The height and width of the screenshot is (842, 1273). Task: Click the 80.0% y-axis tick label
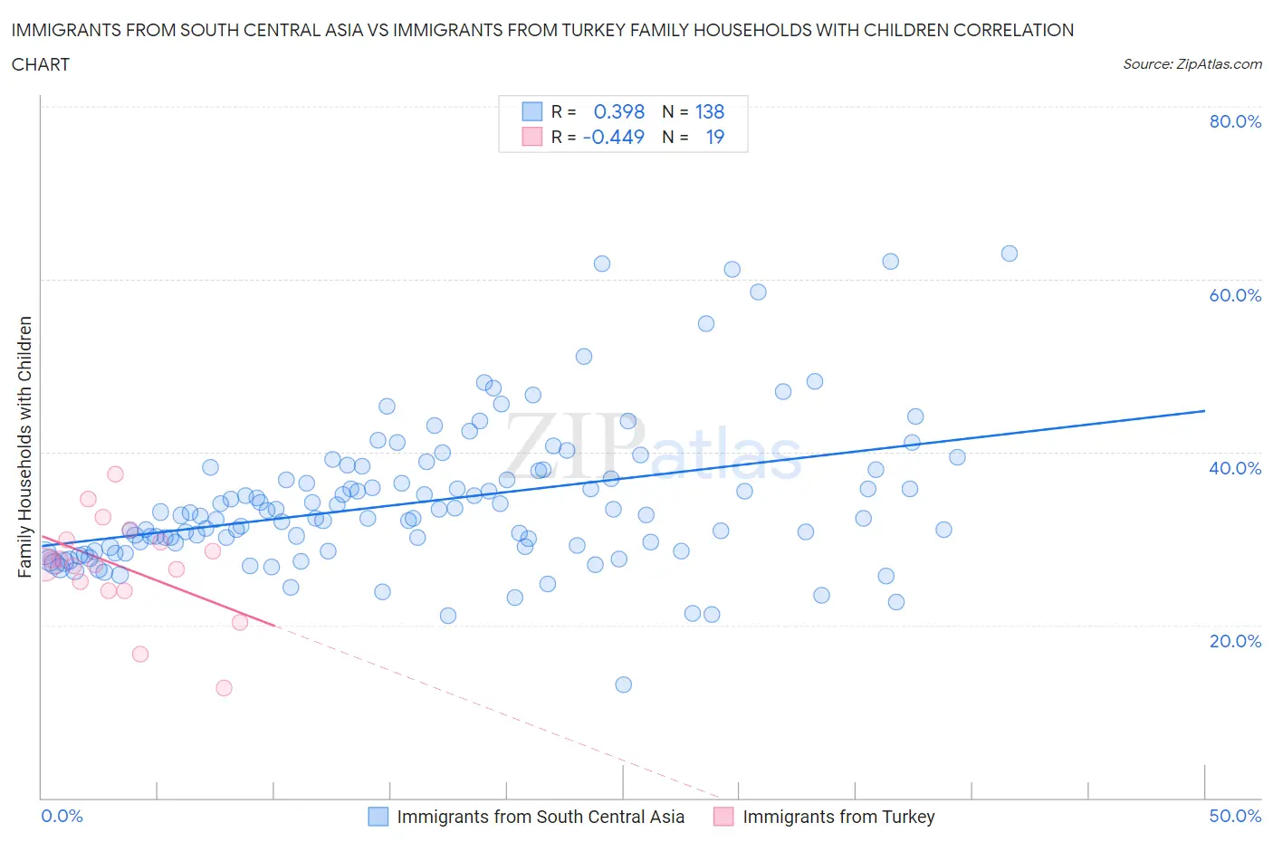click(x=1235, y=121)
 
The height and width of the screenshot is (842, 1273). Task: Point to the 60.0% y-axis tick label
click(x=1235, y=295)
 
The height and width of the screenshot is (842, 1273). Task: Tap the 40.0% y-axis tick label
click(x=1235, y=468)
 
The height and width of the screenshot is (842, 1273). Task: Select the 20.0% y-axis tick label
click(x=1235, y=641)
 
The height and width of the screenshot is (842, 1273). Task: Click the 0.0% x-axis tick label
click(x=62, y=816)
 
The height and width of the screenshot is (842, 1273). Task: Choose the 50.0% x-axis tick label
click(x=1235, y=816)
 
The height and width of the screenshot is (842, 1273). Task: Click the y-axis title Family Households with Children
click(x=24, y=446)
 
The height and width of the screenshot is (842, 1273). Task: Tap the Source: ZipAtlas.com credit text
click(x=1192, y=63)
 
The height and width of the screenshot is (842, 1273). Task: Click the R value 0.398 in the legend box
click(x=618, y=111)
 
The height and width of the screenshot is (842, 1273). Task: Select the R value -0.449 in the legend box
click(x=614, y=137)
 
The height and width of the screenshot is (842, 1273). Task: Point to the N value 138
click(x=710, y=111)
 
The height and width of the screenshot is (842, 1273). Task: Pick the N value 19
click(x=715, y=137)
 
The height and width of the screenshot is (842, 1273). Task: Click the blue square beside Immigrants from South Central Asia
click(x=378, y=816)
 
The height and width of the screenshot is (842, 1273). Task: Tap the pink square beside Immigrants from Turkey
click(x=723, y=816)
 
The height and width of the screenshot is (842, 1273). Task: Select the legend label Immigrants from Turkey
click(x=838, y=816)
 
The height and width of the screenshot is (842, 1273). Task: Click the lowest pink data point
click(x=224, y=688)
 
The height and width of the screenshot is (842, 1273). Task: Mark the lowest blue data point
click(x=623, y=684)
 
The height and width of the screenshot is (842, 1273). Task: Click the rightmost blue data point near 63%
click(x=1009, y=254)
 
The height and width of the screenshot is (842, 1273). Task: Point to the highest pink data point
click(x=115, y=474)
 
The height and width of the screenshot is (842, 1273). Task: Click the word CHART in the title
click(x=41, y=64)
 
